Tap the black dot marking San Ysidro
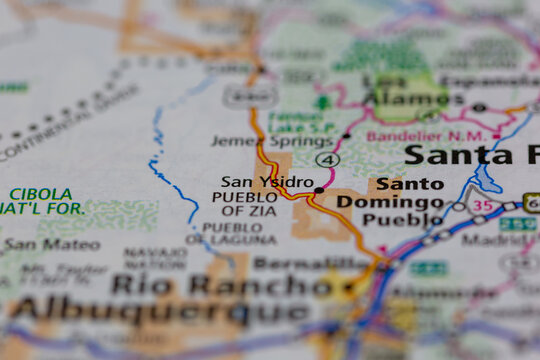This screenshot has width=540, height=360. click(319, 189)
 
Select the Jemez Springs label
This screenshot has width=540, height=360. click(258, 141)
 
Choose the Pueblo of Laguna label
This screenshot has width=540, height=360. click(239, 234)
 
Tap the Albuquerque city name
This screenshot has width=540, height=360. click(160, 311)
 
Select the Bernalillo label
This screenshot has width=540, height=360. click(312, 263)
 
